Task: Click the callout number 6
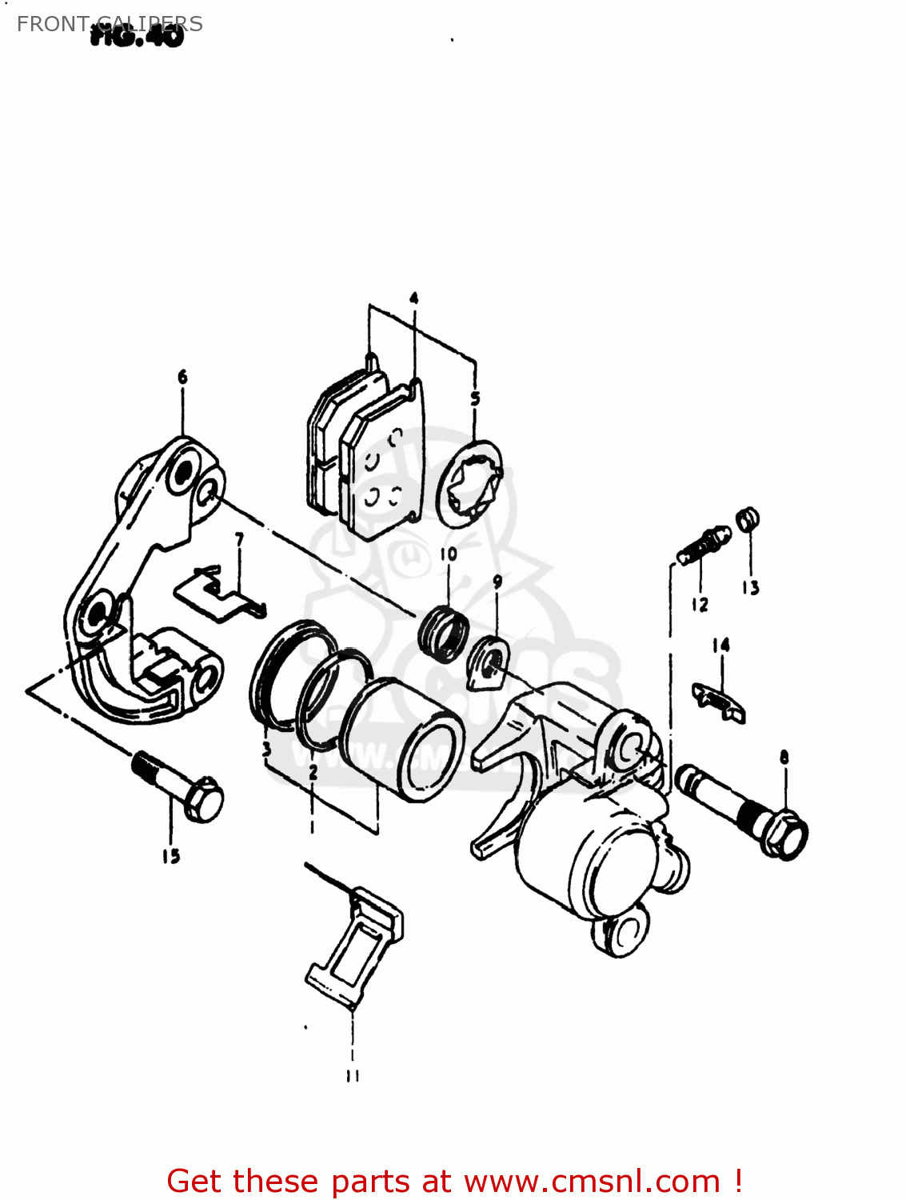182,377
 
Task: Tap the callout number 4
413,298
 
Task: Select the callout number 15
170,856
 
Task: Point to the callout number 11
353,1076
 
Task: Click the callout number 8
784,757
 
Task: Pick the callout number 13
750,588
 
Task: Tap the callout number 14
720,645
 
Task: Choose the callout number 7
239,540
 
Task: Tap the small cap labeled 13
747,520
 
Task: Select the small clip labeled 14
719,702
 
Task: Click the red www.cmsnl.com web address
593,1181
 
